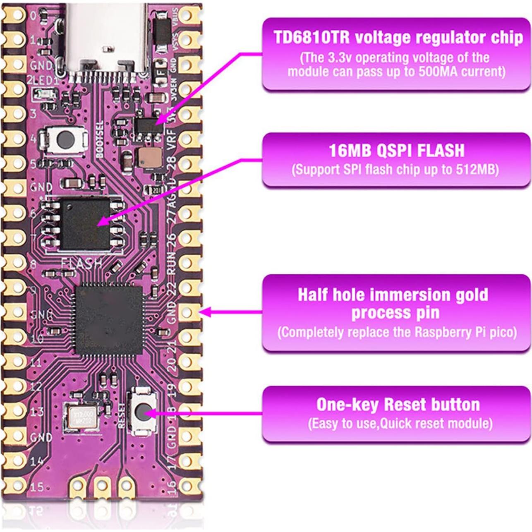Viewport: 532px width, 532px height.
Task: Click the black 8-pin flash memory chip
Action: coord(85,223)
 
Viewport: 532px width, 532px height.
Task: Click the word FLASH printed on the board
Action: coord(81,263)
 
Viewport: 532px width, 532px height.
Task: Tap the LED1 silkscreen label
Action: coord(47,80)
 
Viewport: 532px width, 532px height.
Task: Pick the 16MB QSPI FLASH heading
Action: coord(396,151)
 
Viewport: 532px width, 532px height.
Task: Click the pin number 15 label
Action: coord(37,486)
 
